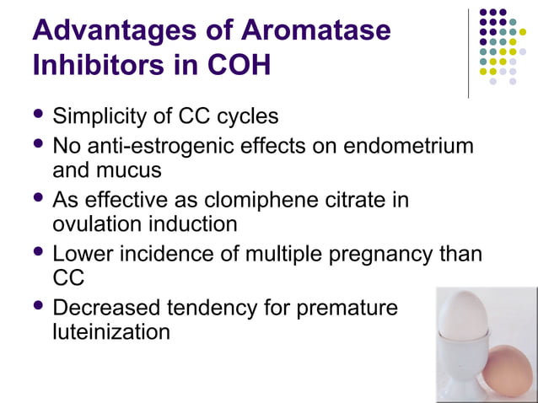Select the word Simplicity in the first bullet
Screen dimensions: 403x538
(103, 116)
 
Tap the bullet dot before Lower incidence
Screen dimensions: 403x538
(38, 252)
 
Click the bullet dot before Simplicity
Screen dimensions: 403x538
(38, 114)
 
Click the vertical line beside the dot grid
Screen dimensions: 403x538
(469, 52)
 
